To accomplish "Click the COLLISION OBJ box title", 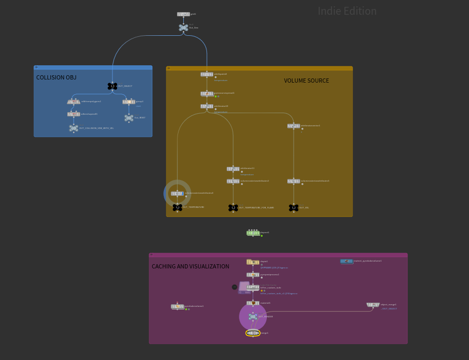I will point(56,77).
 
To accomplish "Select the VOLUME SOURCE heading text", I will point(306,81).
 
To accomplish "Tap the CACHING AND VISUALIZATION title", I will point(190,266).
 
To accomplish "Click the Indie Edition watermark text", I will point(347,11).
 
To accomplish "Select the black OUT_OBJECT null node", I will point(112,86).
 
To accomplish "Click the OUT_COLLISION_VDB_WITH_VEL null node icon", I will point(74,128).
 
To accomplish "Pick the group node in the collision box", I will point(129,102).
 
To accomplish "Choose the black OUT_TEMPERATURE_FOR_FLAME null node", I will point(233,208).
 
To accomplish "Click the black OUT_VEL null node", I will point(294,208).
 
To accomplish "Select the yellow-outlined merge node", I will point(253,333).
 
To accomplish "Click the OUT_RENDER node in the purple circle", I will point(253,316).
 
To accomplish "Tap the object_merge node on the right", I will point(373,305).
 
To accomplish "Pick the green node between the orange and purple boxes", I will point(253,233).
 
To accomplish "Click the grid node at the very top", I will point(183,14).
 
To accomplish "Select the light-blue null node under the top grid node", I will point(183,27).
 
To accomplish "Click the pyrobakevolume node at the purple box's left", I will point(178,306).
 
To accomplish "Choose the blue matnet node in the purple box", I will point(347,261).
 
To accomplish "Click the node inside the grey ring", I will point(178,193).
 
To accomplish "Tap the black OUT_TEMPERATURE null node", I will point(178,207).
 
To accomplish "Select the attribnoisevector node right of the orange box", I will point(294,126).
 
